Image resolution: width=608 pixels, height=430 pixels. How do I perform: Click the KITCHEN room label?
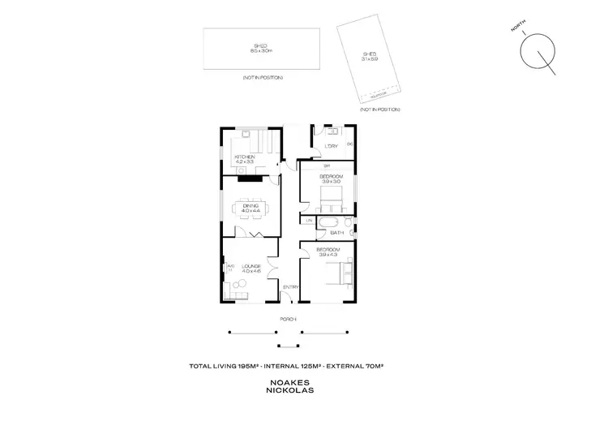coord(245,157)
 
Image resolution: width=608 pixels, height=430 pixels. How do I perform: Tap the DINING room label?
coord(250,205)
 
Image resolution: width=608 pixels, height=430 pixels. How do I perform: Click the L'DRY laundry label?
coord(331,146)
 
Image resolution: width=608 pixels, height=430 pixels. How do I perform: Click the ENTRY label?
coord(290,286)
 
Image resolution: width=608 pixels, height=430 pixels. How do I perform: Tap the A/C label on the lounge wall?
coord(230,265)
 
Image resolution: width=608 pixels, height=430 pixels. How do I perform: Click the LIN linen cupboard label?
coord(309,221)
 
